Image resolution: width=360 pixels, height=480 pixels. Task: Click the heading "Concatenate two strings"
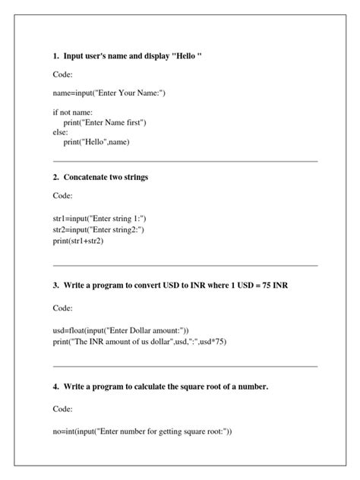point(106,177)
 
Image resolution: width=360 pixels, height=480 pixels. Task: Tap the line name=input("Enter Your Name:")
point(109,93)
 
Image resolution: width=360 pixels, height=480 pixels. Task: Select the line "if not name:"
point(72,112)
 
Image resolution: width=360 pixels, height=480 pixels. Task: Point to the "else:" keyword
point(61,131)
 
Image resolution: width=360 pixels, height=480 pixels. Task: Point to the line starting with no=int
point(142,431)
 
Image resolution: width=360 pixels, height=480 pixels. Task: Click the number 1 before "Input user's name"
point(55,56)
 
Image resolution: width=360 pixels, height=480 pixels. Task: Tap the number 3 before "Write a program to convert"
point(55,286)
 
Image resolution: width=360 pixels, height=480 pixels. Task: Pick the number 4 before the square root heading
point(55,387)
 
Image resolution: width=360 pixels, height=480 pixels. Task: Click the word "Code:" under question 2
point(63,196)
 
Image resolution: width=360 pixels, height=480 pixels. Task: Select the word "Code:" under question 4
point(63,409)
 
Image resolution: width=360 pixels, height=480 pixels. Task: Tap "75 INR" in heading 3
point(273,286)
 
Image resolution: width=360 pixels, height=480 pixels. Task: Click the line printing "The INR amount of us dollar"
point(140,342)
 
